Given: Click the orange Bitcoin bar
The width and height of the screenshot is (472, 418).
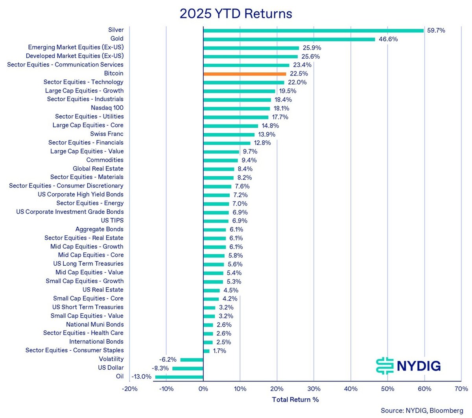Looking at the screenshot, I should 245,74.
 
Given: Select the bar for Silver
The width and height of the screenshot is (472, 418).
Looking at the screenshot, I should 313,30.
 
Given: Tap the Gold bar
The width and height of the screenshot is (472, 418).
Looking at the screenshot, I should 289,39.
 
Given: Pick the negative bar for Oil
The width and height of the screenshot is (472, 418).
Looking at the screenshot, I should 179,377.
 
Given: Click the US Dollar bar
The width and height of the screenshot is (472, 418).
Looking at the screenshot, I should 188,368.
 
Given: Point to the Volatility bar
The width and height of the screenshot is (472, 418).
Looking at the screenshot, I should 192,359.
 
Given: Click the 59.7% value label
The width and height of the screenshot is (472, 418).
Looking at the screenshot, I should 436,30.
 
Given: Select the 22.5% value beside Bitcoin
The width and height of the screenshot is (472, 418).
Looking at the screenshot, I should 299,74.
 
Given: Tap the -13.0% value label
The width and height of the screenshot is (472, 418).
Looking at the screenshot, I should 141,377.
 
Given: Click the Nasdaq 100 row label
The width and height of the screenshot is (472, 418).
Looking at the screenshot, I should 107,108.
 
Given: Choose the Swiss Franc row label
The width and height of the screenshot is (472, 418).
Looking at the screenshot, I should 107,134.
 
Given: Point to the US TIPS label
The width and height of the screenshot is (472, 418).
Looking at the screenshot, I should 112,220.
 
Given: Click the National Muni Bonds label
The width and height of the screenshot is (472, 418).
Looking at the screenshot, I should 95,324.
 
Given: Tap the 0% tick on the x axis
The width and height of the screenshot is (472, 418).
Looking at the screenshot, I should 203,389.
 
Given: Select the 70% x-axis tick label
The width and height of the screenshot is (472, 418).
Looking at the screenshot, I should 461,389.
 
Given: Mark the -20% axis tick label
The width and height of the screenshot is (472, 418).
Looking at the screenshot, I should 129,389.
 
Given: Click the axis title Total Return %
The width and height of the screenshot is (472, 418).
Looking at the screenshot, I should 295,400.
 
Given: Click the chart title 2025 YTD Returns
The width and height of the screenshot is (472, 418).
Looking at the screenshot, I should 236,14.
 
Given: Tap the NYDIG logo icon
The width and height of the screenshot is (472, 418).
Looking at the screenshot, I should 384,366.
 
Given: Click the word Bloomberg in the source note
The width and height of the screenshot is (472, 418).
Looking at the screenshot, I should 446,411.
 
